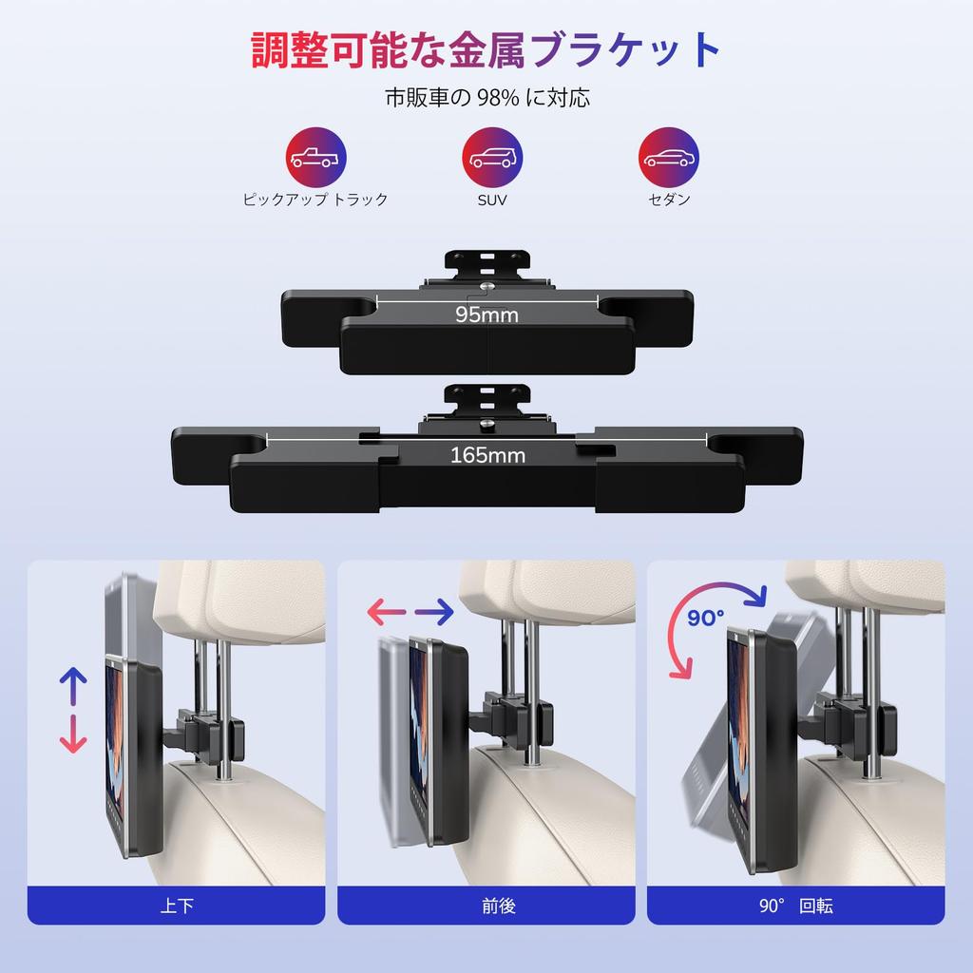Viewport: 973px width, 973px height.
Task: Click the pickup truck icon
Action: [315, 158]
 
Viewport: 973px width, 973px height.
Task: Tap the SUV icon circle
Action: [492, 158]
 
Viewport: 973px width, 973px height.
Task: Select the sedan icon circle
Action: [669, 158]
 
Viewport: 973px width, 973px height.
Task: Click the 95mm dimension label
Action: [486, 315]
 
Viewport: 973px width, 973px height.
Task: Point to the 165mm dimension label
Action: [487, 455]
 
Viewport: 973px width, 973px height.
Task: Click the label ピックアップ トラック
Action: [315, 200]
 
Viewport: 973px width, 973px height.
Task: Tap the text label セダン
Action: [669, 200]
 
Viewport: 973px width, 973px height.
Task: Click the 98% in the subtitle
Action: [498, 98]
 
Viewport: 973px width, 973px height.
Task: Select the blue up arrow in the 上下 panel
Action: [72, 686]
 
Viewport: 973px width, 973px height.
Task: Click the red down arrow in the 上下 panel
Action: [72, 735]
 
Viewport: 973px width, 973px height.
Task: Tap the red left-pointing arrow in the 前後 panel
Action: [387, 612]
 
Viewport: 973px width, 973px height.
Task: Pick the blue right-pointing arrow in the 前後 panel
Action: [434, 612]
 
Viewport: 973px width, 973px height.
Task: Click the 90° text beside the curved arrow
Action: [706, 618]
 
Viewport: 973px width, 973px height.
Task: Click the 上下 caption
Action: [177, 906]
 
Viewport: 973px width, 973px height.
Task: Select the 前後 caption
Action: [498, 906]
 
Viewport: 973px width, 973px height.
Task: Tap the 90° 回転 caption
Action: [795, 906]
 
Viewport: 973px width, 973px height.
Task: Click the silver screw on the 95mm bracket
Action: [487, 286]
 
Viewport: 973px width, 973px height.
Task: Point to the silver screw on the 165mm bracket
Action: [487, 423]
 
